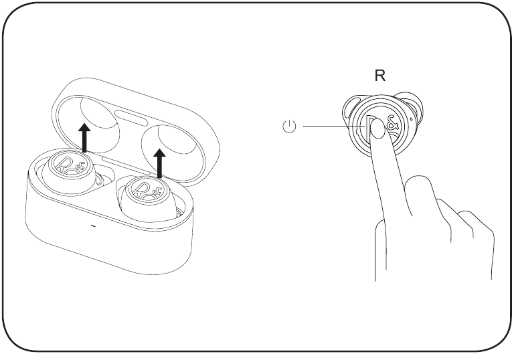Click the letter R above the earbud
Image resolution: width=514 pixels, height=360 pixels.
pos(379,76)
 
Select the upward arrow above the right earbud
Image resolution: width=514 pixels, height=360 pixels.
pos(159,163)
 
